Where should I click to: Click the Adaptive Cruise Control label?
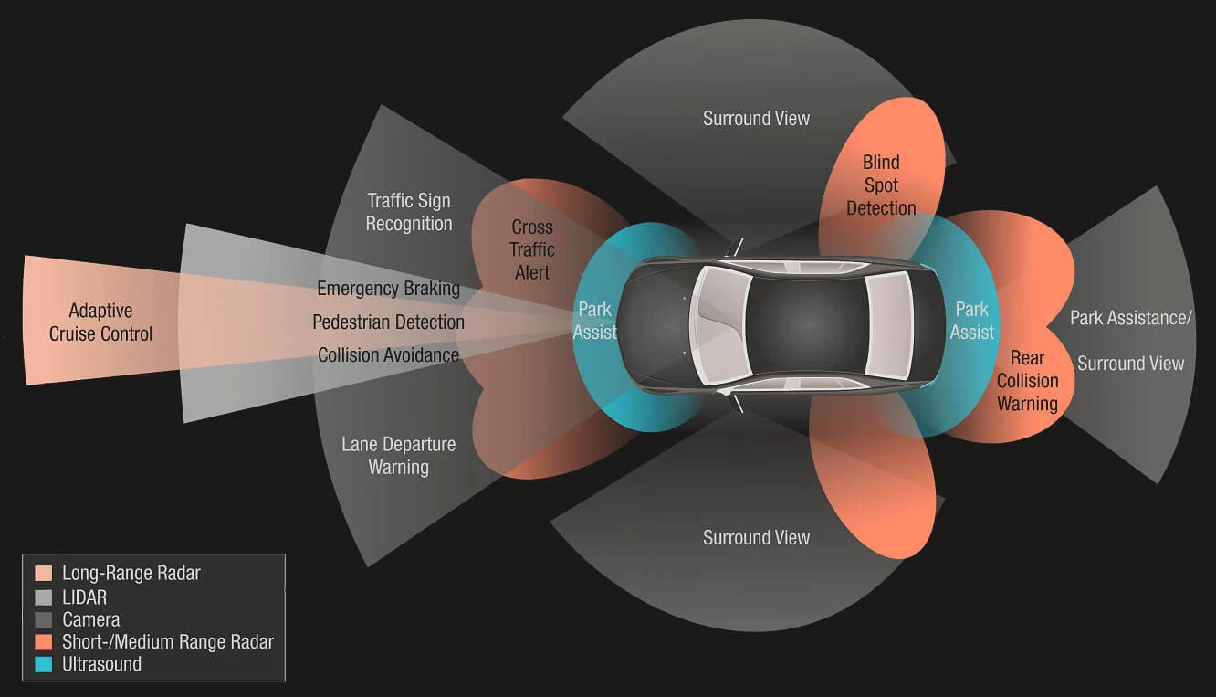100,322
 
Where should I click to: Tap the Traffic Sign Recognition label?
409,212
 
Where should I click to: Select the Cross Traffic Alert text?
532,249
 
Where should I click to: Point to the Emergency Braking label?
388,289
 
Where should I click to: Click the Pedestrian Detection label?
388,322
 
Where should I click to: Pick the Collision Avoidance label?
388,354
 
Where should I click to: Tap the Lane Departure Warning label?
398,455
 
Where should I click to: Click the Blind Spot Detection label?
881,185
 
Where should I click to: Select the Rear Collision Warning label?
1027,381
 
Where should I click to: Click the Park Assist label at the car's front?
594,321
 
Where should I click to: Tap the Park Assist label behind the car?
971,321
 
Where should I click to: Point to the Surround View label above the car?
756,119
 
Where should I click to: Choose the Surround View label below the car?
756,538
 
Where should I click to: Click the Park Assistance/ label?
1131,318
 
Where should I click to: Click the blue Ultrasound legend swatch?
44,664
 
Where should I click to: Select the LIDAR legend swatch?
44,597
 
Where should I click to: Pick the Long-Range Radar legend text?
131,573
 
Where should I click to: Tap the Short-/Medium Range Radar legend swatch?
44,641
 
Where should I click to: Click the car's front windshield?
719,325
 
